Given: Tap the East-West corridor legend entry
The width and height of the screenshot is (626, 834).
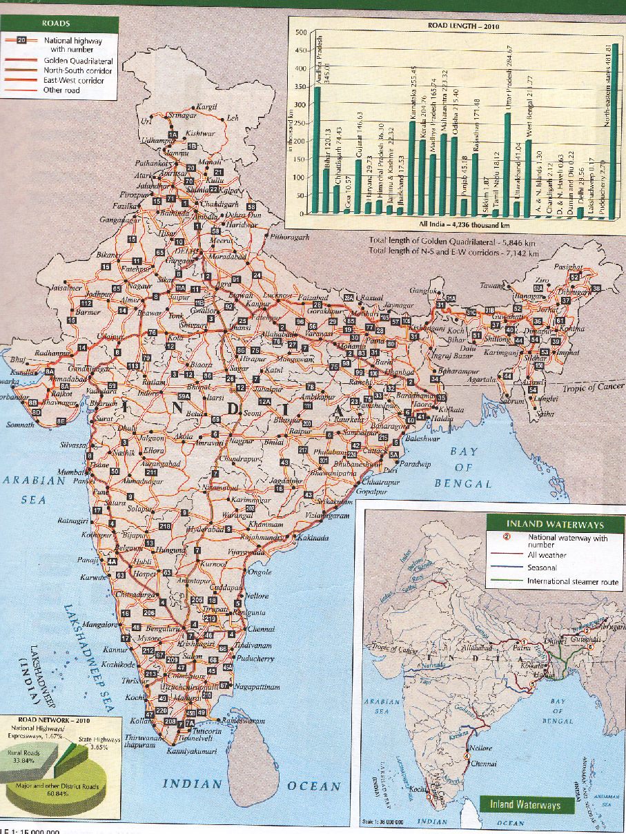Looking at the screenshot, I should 74,81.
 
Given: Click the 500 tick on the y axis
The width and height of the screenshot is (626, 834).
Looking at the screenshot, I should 300,33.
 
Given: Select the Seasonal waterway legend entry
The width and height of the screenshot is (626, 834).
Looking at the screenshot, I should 543,568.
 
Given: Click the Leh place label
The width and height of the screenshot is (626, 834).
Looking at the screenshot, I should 233,119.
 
